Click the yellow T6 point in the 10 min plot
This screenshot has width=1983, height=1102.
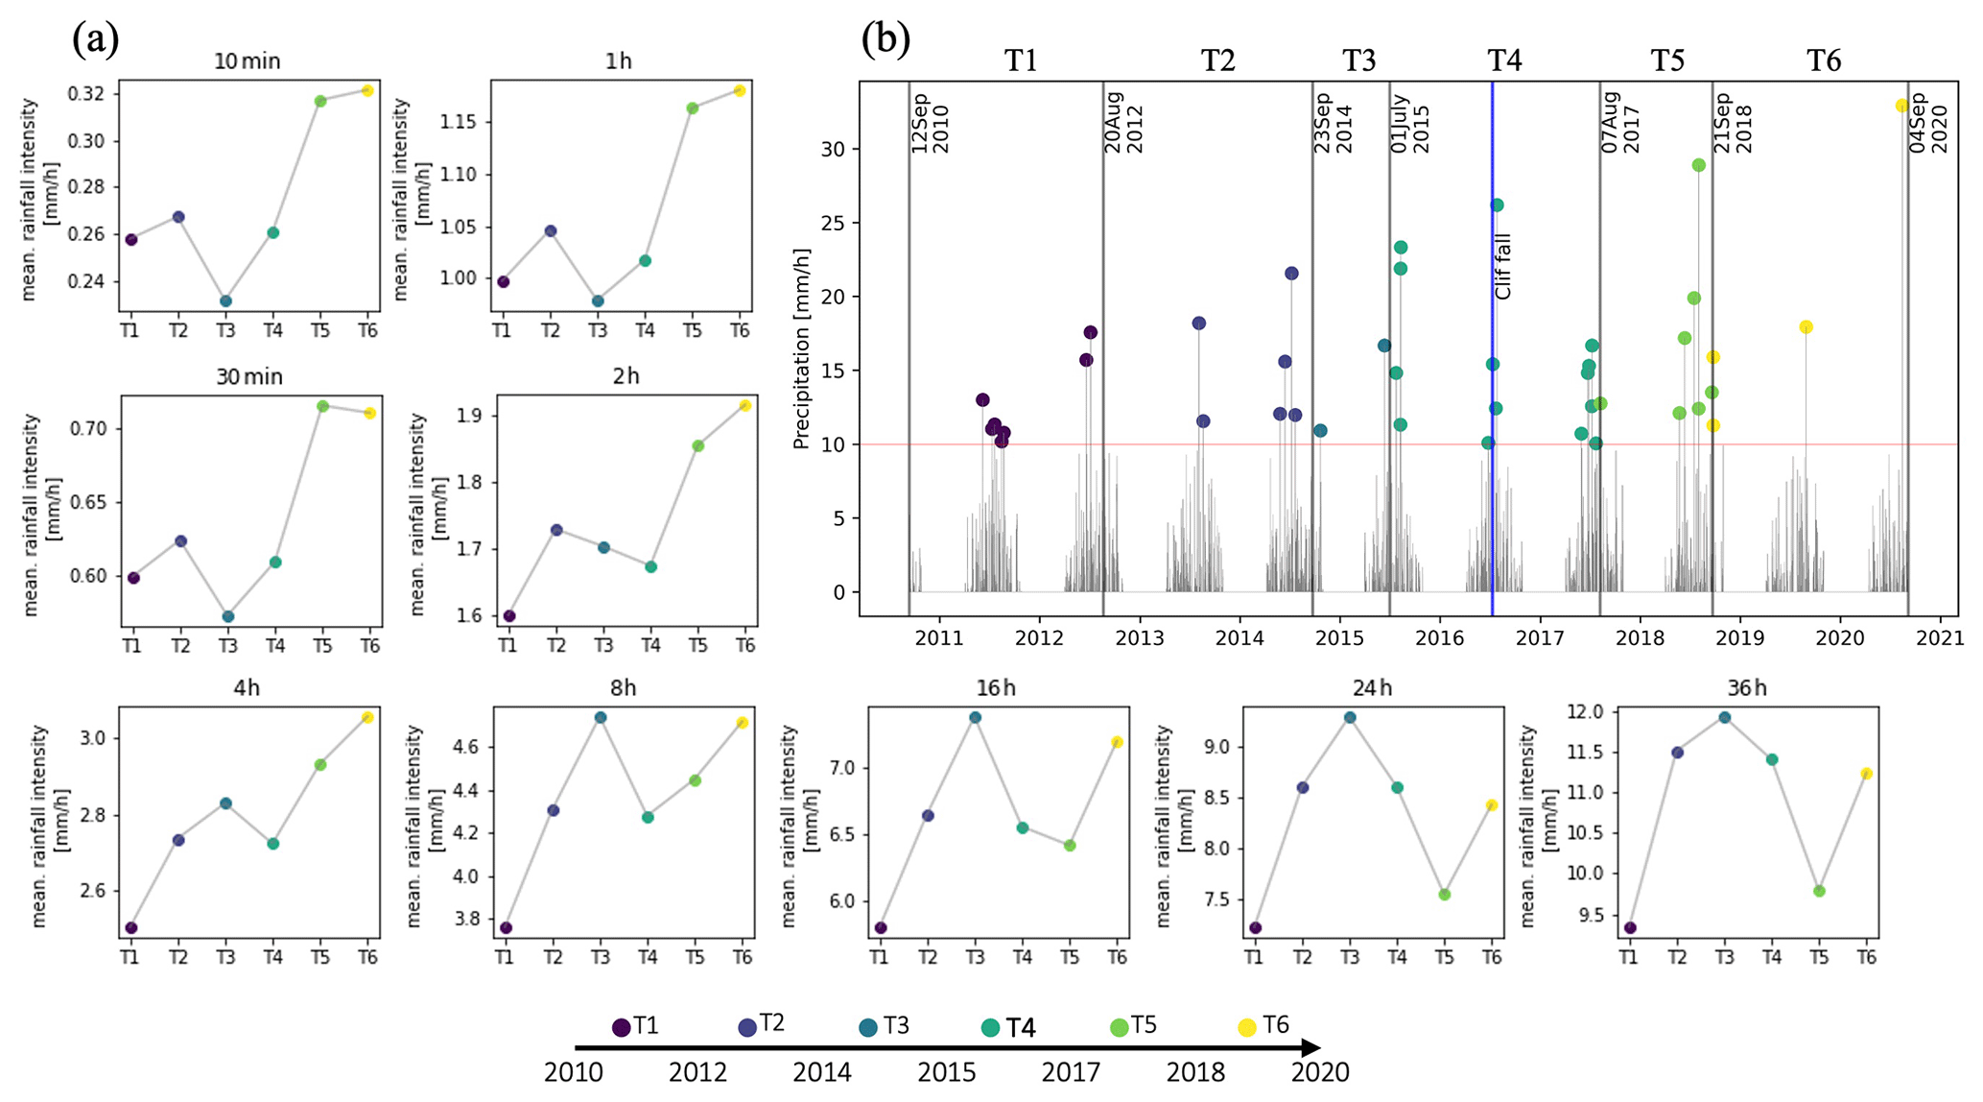coord(366,90)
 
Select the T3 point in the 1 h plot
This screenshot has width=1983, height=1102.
coord(598,301)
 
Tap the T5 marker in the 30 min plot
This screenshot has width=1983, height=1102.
coord(322,406)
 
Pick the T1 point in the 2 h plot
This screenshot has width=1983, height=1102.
coord(509,616)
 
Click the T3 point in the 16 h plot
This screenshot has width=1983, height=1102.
coord(975,717)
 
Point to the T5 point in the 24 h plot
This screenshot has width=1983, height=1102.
coord(1444,895)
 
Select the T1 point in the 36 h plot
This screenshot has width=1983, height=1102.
coord(1630,928)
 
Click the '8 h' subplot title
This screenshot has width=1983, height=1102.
coord(623,688)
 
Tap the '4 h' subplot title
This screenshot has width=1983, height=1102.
coord(247,688)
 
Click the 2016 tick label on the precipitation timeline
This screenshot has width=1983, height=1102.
coord(1440,637)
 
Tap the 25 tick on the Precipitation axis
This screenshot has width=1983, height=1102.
coord(833,224)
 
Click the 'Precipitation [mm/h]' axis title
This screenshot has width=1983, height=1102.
coord(802,348)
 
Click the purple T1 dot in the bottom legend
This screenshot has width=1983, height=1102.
coord(621,1028)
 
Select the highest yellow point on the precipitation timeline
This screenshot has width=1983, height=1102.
coord(1901,106)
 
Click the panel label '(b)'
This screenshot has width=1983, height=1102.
coord(885,39)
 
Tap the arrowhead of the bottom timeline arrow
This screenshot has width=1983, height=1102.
coord(1312,1048)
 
